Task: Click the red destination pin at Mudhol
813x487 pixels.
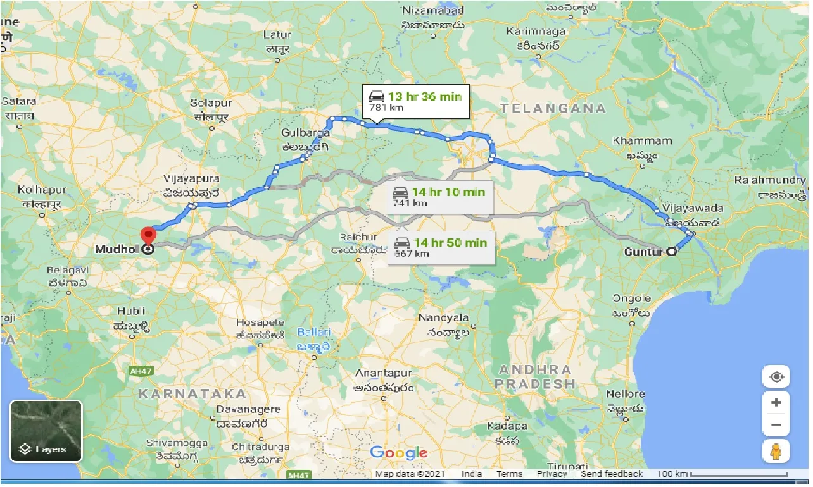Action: point(148,235)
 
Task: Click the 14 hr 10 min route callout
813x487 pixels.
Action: point(438,197)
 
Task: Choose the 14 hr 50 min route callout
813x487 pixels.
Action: point(441,247)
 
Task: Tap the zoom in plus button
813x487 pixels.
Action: point(776,402)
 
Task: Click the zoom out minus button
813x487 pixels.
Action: point(776,425)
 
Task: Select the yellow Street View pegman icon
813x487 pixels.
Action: point(776,452)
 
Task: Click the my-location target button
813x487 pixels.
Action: point(776,377)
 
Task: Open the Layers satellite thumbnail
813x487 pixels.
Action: point(46,431)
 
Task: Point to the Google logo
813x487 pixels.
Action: point(399,453)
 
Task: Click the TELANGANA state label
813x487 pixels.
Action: point(553,109)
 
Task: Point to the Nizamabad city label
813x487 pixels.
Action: point(434,10)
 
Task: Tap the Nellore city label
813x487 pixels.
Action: point(626,394)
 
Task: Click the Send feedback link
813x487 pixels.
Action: point(612,474)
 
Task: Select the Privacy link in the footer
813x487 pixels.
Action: point(551,474)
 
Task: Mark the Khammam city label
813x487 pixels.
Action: point(643,140)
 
